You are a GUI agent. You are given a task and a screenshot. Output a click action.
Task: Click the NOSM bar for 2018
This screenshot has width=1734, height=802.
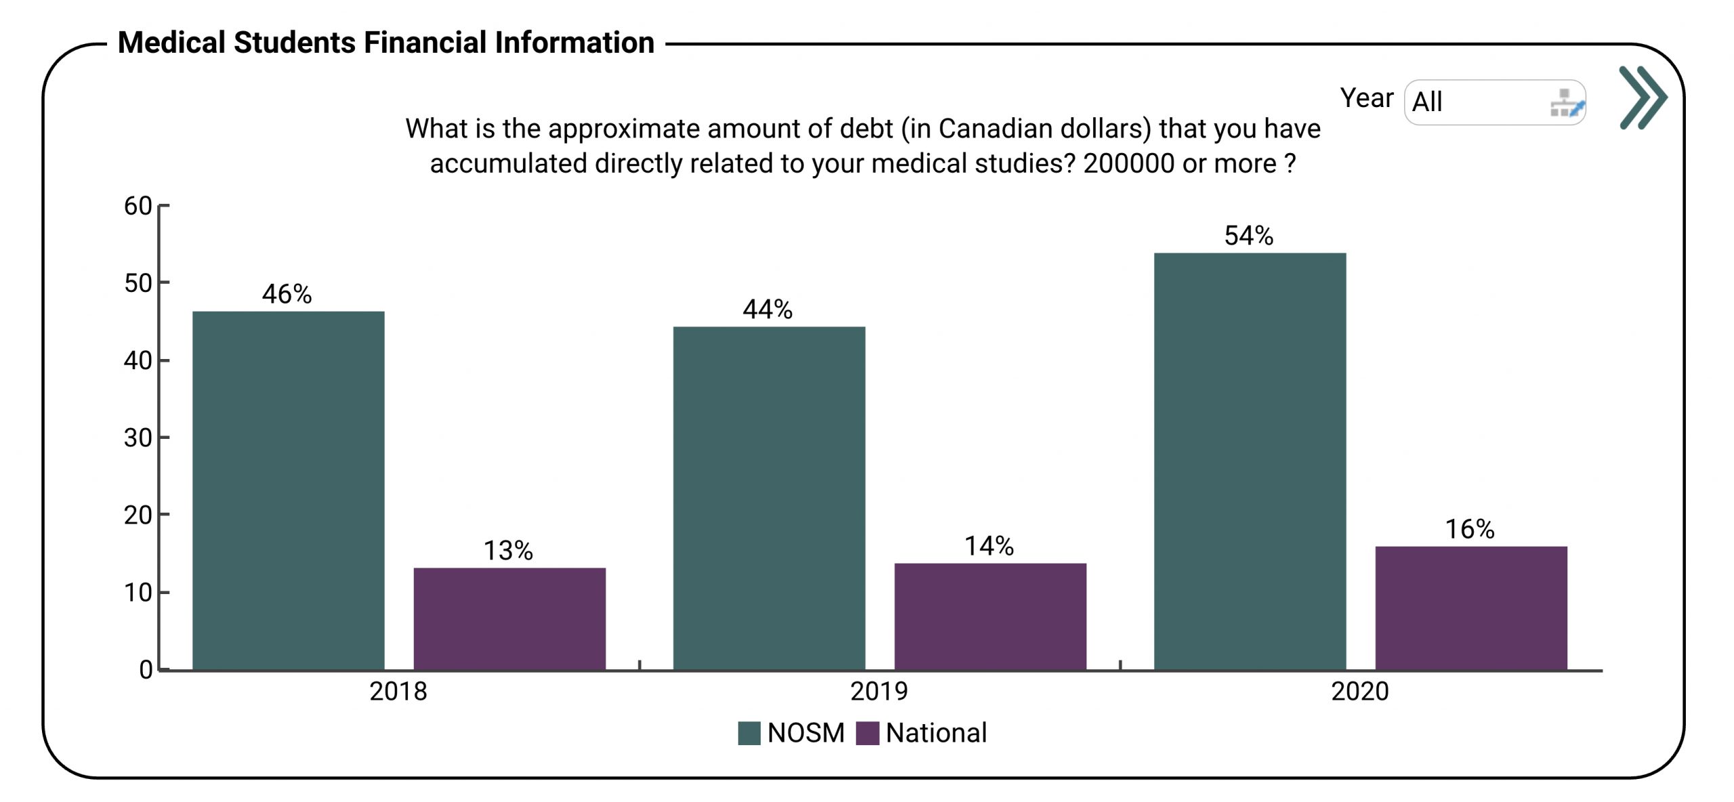(289, 490)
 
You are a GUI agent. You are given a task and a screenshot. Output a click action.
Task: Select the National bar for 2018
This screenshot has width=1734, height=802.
(509, 618)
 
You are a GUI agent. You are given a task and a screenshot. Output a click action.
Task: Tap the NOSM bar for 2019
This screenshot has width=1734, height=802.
(769, 498)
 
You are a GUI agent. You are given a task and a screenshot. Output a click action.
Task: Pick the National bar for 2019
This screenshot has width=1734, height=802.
(990, 616)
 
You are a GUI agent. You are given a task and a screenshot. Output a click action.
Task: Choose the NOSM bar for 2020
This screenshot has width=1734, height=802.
(1250, 461)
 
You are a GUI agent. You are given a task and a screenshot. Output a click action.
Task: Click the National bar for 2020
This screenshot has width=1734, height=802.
(1471, 608)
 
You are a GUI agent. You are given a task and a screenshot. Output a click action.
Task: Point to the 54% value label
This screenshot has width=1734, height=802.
(1248, 236)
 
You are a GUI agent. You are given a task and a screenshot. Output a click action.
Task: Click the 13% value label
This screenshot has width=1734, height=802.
(508, 551)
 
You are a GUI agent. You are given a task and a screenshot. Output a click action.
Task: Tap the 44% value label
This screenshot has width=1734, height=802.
(767, 310)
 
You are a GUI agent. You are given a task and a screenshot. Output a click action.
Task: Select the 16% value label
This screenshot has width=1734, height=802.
(1469, 529)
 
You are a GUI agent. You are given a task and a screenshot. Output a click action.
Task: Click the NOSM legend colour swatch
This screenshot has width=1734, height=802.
(749, 733)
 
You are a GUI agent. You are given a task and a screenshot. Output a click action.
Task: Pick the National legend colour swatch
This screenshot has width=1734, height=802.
(868, 733)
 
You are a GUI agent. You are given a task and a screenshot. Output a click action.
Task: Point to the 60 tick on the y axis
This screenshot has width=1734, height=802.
(138, 206)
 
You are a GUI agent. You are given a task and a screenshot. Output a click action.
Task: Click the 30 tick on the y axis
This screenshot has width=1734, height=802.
(138, 438)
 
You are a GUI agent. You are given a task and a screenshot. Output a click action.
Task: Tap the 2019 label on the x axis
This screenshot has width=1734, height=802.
(879, 692)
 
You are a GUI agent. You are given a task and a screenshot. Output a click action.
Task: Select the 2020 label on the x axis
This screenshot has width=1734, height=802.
(1359, 692)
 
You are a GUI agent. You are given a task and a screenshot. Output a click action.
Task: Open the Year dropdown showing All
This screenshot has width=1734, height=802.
(1494, 102)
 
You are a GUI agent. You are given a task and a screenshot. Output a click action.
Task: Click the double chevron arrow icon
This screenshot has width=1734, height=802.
(1643, 98)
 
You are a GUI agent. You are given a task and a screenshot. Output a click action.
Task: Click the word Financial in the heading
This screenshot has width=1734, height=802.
(425, 43)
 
